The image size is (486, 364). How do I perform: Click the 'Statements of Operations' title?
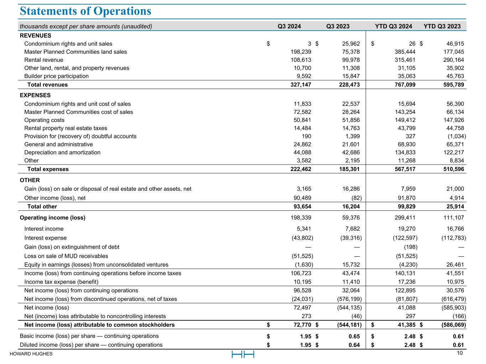click(85, 11)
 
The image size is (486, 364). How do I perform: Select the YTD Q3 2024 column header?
click(393, 26)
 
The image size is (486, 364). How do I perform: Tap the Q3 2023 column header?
click(338, 26)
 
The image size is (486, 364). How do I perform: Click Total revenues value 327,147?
click(301, 85)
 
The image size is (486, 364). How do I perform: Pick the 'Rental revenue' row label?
click(44, 60)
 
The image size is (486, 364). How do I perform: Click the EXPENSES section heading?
click(35, 95)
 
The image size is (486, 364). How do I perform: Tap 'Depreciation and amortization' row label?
click(62, 152)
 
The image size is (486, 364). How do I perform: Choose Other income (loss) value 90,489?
click(301, 198)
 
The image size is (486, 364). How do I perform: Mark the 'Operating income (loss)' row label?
click(52, 218)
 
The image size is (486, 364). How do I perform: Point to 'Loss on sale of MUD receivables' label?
click(66, 256)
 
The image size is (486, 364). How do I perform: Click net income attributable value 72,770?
click(301, 325)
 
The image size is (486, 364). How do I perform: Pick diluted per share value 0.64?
click(354, 345)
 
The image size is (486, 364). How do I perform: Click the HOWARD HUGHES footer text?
click(31, 354)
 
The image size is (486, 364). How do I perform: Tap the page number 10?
click(460, 353)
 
